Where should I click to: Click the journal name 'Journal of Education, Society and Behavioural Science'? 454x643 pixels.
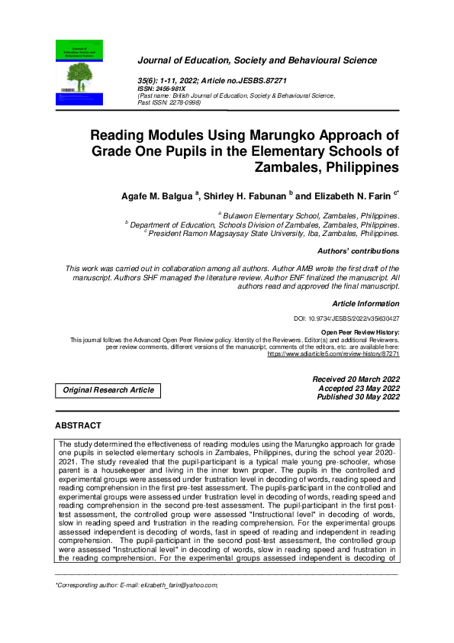tap(256, 60)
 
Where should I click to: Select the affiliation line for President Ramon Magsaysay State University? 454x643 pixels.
tap(273, 234)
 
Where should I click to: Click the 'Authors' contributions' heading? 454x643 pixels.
tap(357, 251)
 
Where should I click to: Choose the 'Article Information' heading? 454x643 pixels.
tap(365, 304)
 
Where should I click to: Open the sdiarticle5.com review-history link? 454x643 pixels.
tap(333, 354)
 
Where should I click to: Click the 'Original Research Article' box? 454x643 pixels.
tap(108, 390)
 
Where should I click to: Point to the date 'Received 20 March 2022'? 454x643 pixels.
tap(356, 380)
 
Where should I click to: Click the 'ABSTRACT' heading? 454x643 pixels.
tap(80, 425)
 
